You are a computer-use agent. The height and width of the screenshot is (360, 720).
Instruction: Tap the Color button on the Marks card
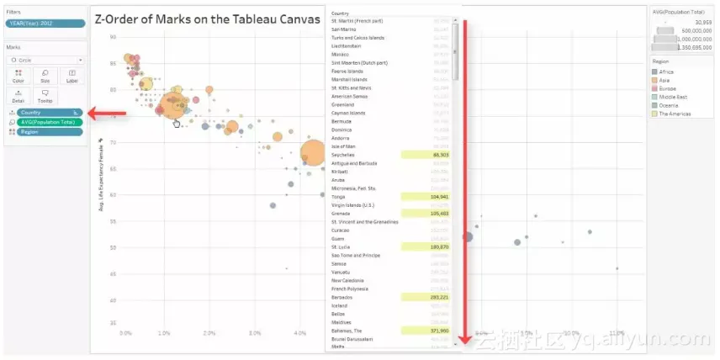[x=19, y=76]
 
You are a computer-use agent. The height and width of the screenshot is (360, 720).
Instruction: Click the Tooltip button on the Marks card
[x=45, y=97]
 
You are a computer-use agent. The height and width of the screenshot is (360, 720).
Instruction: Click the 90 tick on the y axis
[x=113, y=38]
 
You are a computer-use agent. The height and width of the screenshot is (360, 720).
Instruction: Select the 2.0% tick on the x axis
[x=209, y=333]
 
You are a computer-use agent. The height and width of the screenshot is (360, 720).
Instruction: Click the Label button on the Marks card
[x=71, y=76]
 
